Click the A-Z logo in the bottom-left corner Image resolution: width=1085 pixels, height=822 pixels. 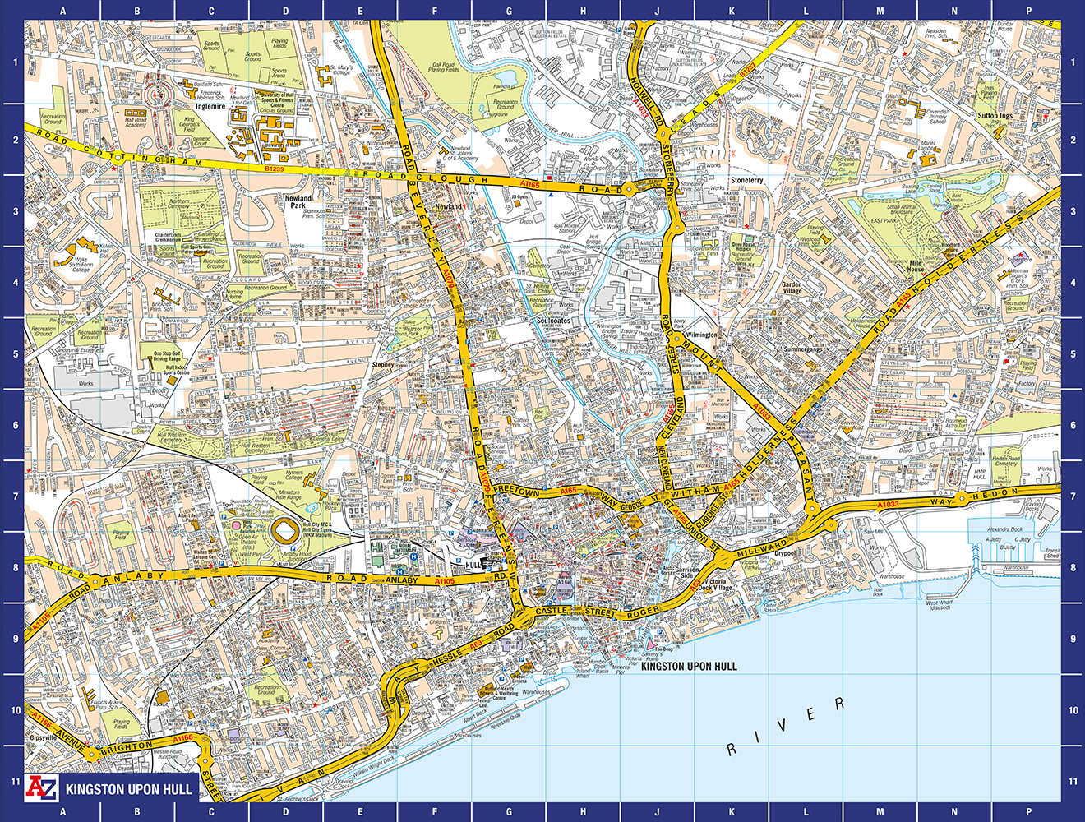pyautogui.click(x=41, y=787)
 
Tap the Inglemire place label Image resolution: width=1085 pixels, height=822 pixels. pyautogui.click(x=210, y=106)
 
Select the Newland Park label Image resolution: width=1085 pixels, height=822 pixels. pyautogui.click(x=298, y=201)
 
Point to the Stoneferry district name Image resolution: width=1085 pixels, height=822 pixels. pyautogui.click(x=746, y=180)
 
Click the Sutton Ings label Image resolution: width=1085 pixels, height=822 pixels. pyautogui.click(x=995, y=116)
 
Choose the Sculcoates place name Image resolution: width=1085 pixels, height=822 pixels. pyautogui.click(x=553, y=321)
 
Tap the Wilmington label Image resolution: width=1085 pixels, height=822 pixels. pyautogui.click(x=701, y=335)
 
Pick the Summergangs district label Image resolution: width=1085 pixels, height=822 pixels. pyautogui.click(x=802, y=349)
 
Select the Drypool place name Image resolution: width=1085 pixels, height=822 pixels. pyautogui.click(x=785, y=553)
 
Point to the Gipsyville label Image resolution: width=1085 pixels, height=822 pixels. pyautogui.click(x=44, y=737)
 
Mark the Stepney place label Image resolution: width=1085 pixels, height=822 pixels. pyautogui.click(x=383, y=364)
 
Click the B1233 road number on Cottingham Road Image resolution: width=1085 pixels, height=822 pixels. pyautogui.click(x=274, y=169)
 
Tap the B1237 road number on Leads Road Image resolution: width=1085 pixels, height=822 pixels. pyautogui.click(x=746, y=74)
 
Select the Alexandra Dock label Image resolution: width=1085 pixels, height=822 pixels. pyautogui.click(x=1004, y=529)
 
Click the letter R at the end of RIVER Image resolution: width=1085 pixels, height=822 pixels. pyautogui.click(x=839, y=704)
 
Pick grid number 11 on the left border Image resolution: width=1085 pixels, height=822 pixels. pyautogui.click(x=15, y=781)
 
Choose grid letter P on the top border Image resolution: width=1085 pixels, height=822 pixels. pyautogui.click(x=1028, y=12)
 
